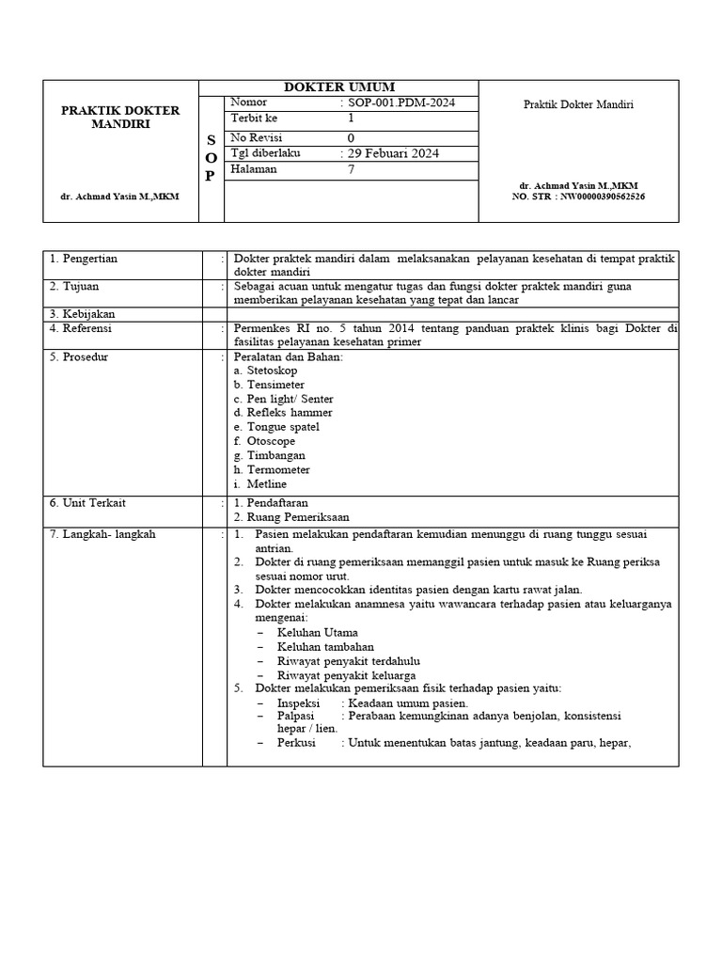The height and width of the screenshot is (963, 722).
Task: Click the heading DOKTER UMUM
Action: (x=338, y=87)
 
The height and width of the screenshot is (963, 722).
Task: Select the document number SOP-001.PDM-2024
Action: (x=400, y=103)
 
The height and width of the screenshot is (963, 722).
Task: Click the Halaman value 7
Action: (x=352, y=170)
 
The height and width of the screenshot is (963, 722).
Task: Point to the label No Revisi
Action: (x=259, y=137)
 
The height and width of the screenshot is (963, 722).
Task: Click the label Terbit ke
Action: (x=254, y=118)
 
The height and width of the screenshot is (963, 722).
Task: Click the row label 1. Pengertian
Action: (x=84, y=259)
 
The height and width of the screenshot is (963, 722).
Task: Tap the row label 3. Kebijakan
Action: (x=84, y=313)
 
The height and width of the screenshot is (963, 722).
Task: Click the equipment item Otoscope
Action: (x=270, y=441)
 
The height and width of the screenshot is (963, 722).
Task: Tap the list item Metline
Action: (x=266, y=484)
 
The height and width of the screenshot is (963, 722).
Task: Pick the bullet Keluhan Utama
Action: (x=317, y=633)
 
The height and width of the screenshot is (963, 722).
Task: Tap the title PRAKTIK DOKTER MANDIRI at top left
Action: (x=120, y=118)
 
